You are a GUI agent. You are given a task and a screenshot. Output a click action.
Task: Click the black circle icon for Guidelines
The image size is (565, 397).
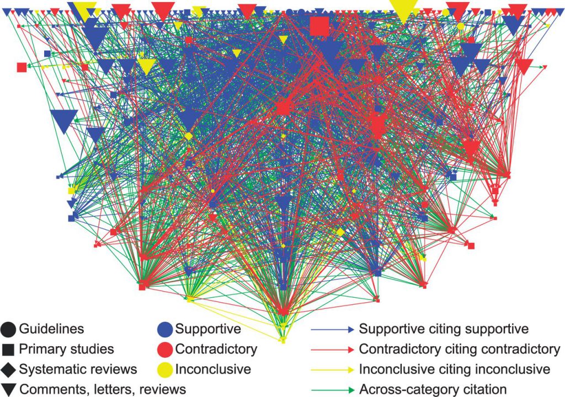tap(8, 329)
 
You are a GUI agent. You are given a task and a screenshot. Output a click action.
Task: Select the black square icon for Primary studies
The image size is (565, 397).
tap(8, 349)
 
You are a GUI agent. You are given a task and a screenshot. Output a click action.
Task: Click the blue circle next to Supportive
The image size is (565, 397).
tap(166, 329)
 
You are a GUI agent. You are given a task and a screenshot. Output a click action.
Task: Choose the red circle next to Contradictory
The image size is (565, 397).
tap(166, 349)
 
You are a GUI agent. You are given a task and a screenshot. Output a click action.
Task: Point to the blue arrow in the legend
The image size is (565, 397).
tap(333, 329)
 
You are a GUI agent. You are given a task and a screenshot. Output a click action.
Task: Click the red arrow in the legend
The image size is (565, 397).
tap(333, 349)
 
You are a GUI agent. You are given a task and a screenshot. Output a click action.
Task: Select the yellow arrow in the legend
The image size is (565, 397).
tap(333, 369)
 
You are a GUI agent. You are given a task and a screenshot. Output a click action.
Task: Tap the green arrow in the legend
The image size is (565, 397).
tap(333, 389)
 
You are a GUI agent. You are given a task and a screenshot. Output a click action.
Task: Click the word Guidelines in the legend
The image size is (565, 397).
tap(51, 329)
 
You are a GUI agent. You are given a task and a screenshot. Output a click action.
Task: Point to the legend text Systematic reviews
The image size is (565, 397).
tap(78, 369)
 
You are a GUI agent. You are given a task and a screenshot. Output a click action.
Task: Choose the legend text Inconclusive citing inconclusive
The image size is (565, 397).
tap(454, 369)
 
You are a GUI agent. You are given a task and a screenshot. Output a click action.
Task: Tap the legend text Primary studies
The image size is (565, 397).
tap(67, 349)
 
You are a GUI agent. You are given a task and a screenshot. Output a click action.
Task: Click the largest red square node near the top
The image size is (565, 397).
tap(319, 26)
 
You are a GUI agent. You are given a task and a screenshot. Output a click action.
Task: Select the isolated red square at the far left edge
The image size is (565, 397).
tap(22, 67)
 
